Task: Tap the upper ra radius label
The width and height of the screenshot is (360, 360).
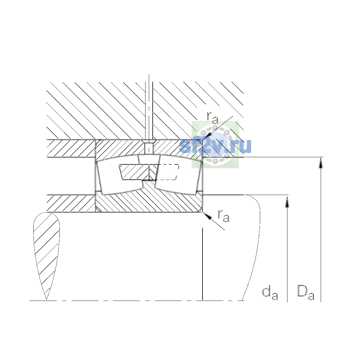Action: [x=212, y=118]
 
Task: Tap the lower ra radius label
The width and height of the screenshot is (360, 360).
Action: [x=223, y=216]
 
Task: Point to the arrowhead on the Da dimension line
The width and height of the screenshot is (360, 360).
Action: [x=321, y=163]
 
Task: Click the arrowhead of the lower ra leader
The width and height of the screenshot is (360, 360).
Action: [x=207, y=216]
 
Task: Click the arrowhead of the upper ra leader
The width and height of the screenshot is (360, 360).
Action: [x=207, y=136]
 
